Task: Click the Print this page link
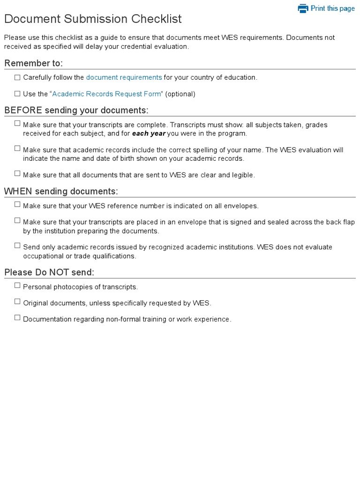click(332, 8)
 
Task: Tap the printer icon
click(303, 8)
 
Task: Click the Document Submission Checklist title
click(93, 19)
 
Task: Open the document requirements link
click(124, 77)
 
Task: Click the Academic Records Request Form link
click(106, 94)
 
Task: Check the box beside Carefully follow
click(17, 77)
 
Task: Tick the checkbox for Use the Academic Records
click(17, 94)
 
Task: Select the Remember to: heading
click(33, 63)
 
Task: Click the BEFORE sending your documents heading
click(76, 110)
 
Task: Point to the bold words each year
click(149, 134)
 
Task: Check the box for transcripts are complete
click(17, 123)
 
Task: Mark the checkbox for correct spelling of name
click(17, 148)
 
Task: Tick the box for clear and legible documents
click(17, 173)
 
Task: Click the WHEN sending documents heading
click(61, 191)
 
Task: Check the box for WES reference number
click(17, 204)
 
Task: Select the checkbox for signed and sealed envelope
click(17, 220)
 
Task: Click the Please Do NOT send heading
click(49, 272)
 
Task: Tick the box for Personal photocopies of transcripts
click(17, 285)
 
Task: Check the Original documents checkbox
click(17, 301)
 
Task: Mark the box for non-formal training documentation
click(17, 318)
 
